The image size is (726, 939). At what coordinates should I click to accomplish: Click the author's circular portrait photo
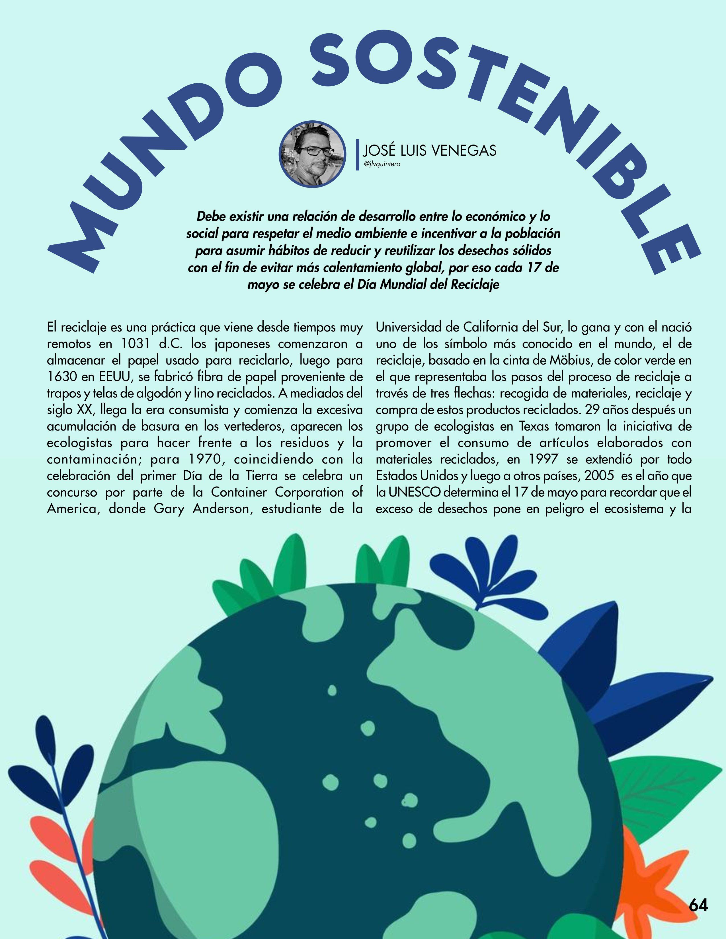tap(312, 154)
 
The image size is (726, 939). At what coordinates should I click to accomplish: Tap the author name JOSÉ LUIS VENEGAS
tap(430, 151)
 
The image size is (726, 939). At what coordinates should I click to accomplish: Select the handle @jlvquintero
tap(382, 164)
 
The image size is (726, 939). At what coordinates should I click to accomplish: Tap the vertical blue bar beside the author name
tap(357, 155)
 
